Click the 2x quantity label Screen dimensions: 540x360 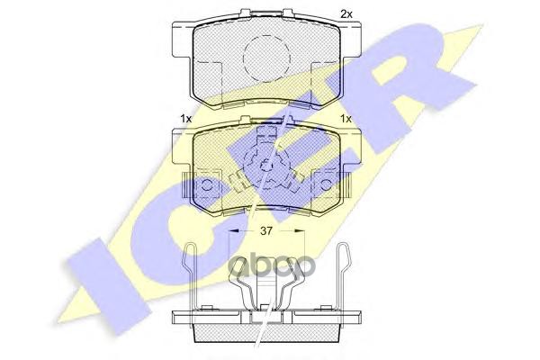click(346, 14)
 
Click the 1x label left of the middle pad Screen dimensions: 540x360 click(185, 119)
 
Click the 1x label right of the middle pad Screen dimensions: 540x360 click(346, 119)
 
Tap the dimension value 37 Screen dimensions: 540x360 click(265, 230)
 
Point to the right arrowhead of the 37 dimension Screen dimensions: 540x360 click(300, 230)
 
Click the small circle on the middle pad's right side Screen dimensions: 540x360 click(326, 185)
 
